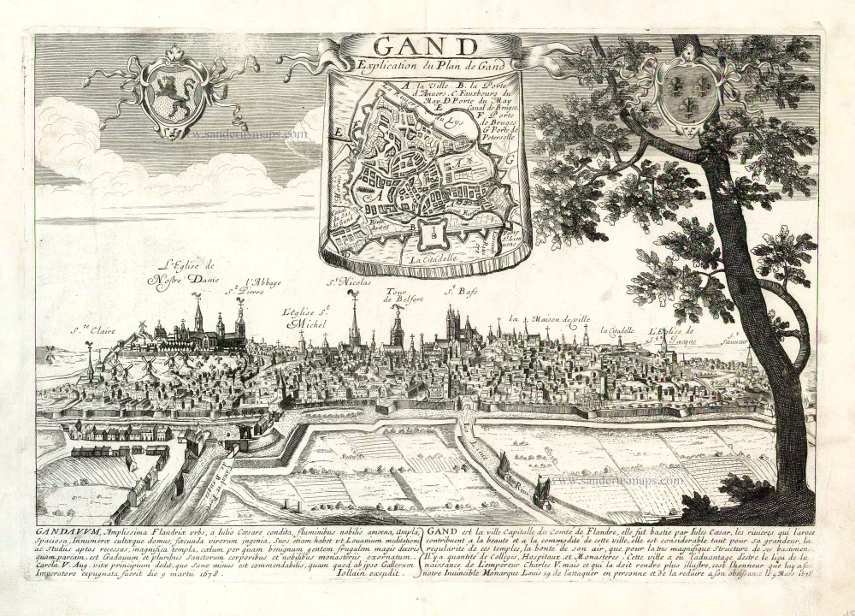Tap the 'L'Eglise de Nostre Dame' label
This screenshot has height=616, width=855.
click(x=183, y=271)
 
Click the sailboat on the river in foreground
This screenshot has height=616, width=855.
click(x=541, y=493)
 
